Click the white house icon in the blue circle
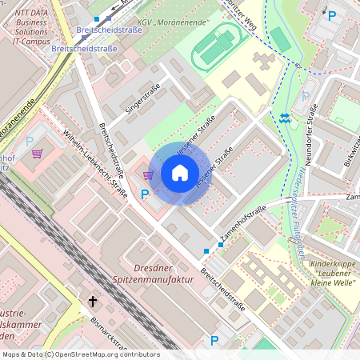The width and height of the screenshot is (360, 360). (180, 173)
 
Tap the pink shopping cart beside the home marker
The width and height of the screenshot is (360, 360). (148, 174)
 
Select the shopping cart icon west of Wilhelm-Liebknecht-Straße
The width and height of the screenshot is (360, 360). (37, 153)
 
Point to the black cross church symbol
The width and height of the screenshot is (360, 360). (93, 302)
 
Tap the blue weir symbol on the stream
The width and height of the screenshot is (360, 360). (286, 118)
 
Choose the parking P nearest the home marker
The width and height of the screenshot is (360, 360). (145, 194)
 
